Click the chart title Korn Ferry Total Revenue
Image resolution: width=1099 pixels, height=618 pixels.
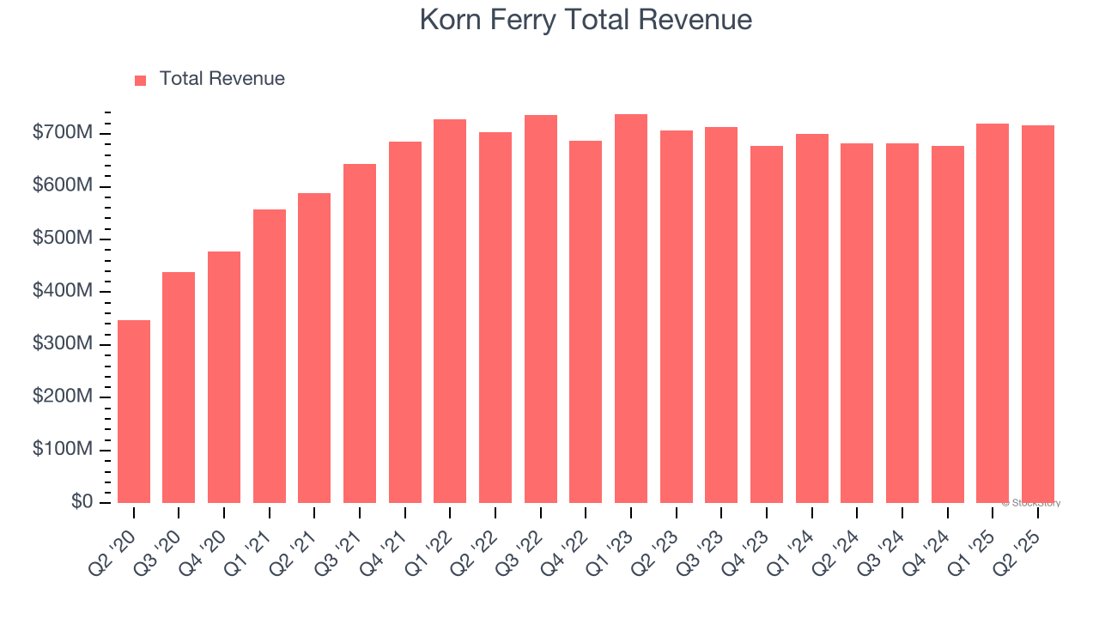[586, 20]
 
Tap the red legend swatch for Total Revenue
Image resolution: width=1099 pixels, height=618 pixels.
[140, 80]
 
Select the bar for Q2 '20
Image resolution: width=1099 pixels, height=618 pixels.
[134, 412]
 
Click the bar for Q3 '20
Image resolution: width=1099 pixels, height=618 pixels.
[179, 388]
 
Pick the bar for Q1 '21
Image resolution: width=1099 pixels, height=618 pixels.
[270, 356]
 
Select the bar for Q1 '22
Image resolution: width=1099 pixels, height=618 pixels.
[450, 312]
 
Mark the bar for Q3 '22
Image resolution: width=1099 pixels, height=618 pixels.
[541, 309]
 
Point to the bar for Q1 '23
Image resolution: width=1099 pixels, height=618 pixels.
[631, 309]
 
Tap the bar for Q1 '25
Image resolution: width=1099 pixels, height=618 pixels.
[993, 313]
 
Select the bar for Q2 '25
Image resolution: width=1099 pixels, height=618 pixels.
[1038, 314]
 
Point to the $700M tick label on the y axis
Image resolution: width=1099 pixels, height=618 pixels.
[63, 134]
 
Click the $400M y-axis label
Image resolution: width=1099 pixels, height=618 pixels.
[63, 292]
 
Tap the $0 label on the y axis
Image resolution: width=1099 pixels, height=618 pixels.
[82, 502]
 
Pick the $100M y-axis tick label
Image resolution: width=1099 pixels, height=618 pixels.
[63, 450]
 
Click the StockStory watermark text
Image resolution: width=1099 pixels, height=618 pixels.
[1031, 503]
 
